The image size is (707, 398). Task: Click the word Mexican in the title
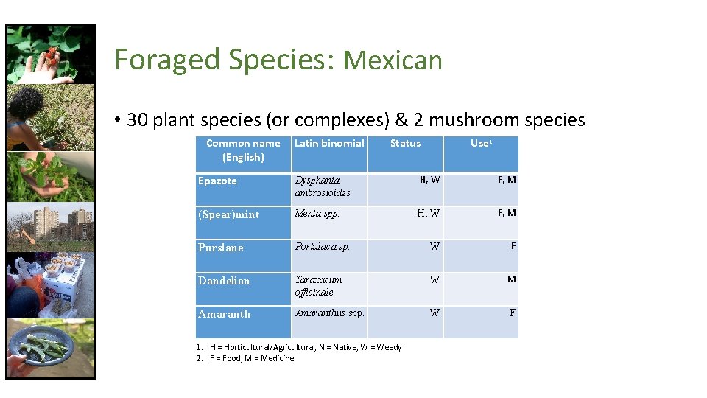(x=393, y=60)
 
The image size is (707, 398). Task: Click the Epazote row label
(x=217, y=181)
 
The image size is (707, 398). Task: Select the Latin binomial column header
(x=329, y=143)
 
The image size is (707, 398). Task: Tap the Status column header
(x=405, y=143)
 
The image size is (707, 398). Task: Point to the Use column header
(x=480, y=143)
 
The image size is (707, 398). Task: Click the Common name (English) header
(x=243, y=150)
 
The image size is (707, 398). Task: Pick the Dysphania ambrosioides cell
(x=323, y=186)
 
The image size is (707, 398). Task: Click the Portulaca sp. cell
(x=323, y=247)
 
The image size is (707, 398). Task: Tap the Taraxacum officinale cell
(x=319, y=286)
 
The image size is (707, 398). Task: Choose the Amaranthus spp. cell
(x=330, y=313)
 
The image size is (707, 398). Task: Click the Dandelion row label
(x=224, y=281)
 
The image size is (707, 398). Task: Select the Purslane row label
(x=220, y=248)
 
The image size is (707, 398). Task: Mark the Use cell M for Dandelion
(x=511, y=279)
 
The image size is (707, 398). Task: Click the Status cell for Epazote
(x=429, y=179)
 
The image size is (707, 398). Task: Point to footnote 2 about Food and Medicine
(x=245, y=358)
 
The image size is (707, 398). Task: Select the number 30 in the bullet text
(x=138, y=120)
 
